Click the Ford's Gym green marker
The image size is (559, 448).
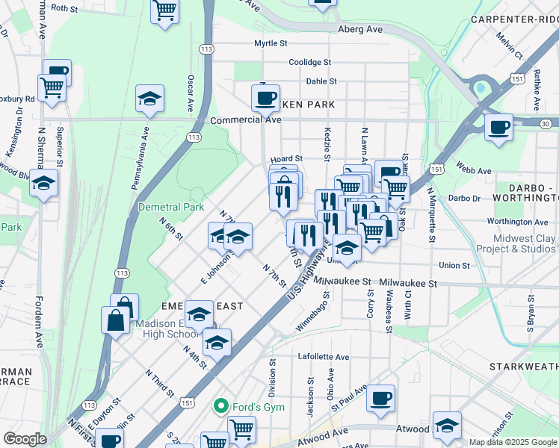(x=221, y=405)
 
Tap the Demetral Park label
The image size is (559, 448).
(x=171, y=207)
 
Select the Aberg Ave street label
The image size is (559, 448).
(x=360, y=28)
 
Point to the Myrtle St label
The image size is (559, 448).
(x=271, y=44)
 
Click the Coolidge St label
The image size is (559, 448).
(x=309, y=63)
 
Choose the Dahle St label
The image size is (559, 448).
(x=321, y=81)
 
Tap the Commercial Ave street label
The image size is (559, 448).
(x=245, y=119)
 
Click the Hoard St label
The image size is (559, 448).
(x=286, y=159)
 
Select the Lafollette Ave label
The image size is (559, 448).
(x=324, y=357)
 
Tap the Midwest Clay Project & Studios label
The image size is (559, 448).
(x=523, y=244)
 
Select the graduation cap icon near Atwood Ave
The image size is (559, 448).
(x=447, y=426)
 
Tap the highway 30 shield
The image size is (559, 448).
(x=546, y=124)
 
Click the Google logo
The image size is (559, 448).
(x=25, y=439)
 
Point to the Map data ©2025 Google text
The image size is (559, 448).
(x=513, y=442)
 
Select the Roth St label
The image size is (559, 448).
(x=64, y=8)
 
